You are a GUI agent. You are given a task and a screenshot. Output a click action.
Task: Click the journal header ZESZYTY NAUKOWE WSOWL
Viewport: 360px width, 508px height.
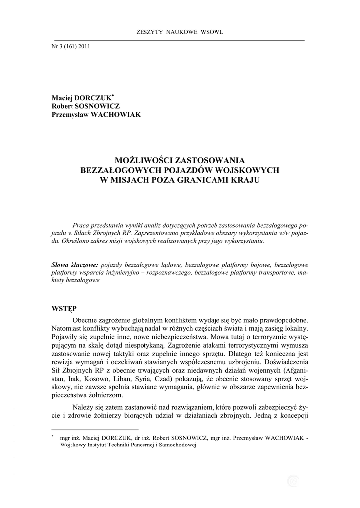pos(180,32)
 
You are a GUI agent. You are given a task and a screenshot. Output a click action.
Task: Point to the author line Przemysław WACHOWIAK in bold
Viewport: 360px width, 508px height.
pos(96,114)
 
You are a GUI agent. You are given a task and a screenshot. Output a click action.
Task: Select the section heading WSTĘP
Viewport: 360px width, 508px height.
pos(64,308)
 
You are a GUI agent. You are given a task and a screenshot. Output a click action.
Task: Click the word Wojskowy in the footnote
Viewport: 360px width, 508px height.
pos(73,445)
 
